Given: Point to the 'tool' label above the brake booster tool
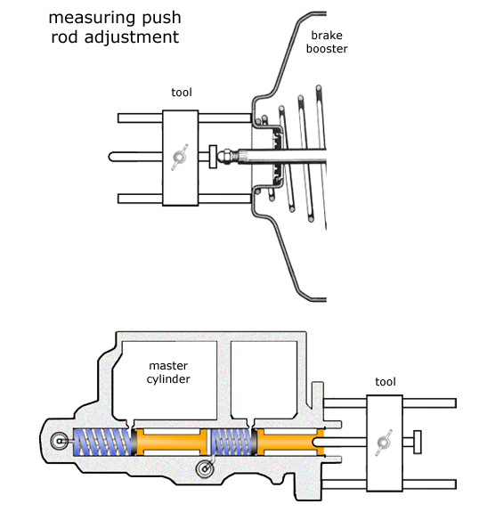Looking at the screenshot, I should coord(182,92).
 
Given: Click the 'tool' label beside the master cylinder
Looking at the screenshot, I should coord(385,381).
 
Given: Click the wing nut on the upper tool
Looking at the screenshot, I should coord(182,157).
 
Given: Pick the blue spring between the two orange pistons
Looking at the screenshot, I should coord(231,440).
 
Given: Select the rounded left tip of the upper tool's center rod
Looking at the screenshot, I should coord(112,157).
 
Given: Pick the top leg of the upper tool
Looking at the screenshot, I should coord(142,118).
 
